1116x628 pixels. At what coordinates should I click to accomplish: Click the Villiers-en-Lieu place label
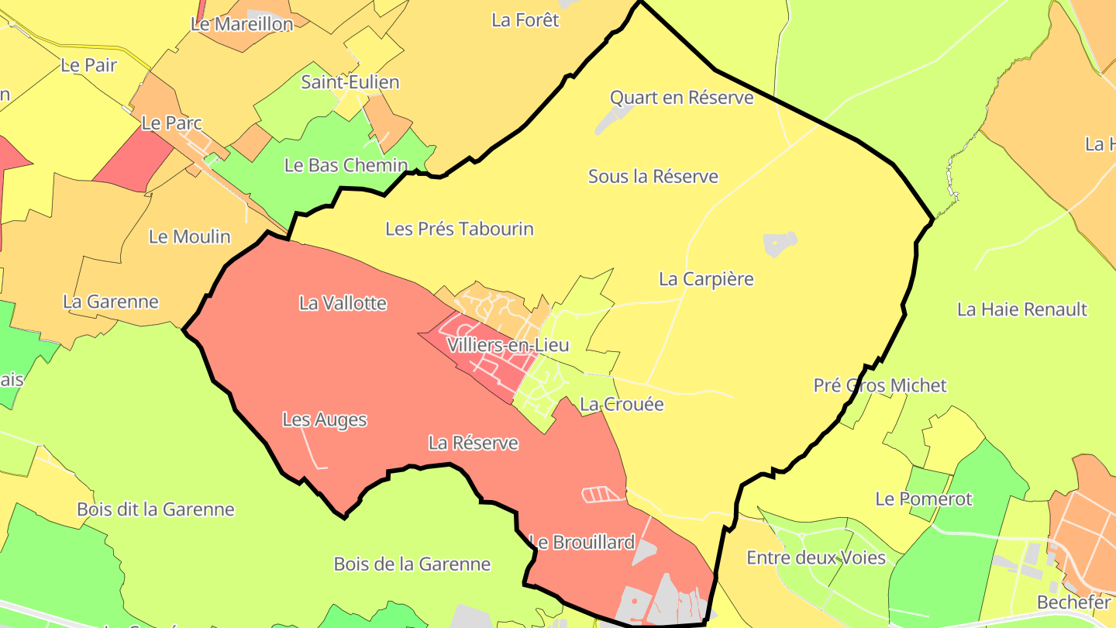(x=508, y=345)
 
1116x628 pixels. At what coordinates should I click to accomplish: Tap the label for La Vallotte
(x=343, y=303)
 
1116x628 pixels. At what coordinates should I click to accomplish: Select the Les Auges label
(x=324, y=419)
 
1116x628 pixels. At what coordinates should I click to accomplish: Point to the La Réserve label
(x=473, y=443)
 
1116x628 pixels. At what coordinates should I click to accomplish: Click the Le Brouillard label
(x=582, y=542)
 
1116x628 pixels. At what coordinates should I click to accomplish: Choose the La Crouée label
(x=622, y=404)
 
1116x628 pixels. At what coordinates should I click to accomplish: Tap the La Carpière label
(x=706, y=278)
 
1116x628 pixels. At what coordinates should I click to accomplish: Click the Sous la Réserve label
(x=653, y=176)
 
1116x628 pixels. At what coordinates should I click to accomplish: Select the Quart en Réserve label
(x=681, y=97)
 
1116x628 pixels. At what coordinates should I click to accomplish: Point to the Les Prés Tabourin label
(x=460, y=229)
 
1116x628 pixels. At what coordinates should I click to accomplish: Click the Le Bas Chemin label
(x=346, y=164)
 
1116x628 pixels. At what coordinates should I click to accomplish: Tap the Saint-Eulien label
(x=350, y=81)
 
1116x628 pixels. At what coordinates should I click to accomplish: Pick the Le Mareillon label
(x=242, y=24)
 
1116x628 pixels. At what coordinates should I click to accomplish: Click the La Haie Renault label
(x=1022, y=309)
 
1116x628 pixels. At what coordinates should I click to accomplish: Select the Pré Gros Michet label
(x=880, y=385)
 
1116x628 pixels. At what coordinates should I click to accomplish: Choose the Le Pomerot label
(x=923, y=499)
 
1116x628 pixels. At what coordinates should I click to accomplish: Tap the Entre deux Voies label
(x=815, y=557)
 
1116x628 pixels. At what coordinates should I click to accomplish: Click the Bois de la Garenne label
(x=412, y=564)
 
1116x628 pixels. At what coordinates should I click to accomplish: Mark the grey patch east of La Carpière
(x=780, y=244)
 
